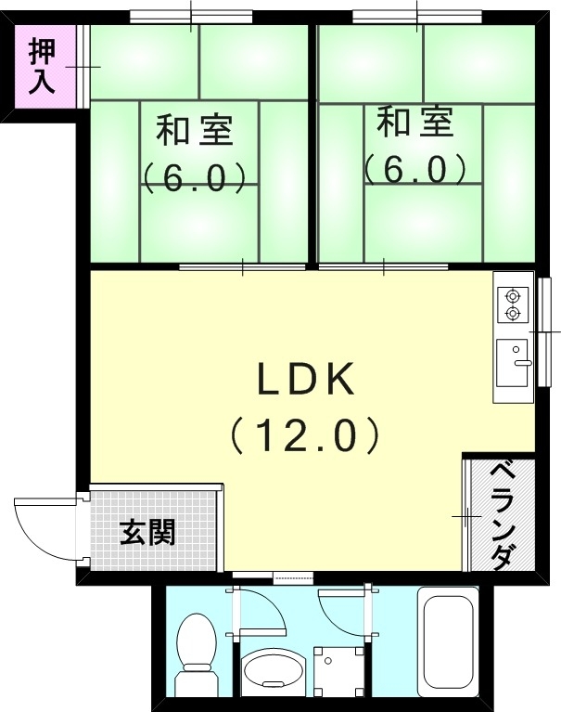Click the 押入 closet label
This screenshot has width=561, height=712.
point(42,65)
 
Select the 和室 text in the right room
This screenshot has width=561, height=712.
point(416,123)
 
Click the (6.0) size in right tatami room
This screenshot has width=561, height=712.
point(414,169)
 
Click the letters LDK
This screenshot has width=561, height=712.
point(305,380)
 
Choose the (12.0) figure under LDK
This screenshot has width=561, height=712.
point(305,434)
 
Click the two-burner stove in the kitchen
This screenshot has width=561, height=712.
point(512,305)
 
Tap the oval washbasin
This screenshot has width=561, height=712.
point(272,672)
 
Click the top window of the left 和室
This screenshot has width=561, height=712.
point(191,16)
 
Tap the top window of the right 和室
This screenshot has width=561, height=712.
point(416,16)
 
